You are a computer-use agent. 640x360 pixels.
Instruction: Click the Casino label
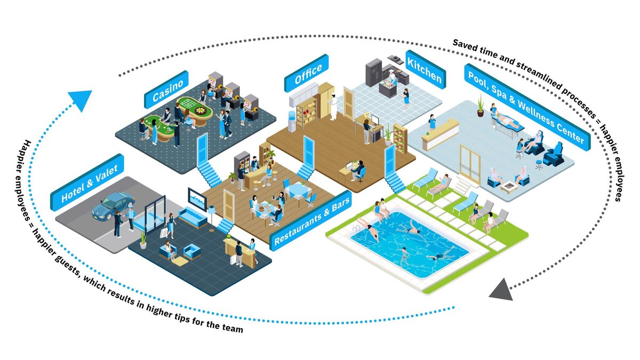pyautogui.click(x=166, y=90)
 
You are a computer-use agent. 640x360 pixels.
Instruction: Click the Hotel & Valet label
pyautogui.click(x=87, y=181)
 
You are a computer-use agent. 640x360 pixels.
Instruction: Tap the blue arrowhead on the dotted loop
pyautogui.click(x=79, y=100)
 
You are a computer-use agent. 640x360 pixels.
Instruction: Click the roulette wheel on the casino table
pyautogui.click(x=201, y=111)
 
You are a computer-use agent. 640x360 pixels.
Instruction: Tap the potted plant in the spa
pyautogui.click(x=481, y=106)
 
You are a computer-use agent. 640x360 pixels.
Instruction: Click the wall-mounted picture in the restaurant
pyautogui.click(x=197, y=198)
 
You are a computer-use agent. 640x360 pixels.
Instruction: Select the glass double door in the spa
pyautogui.click(x=469, y=164)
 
